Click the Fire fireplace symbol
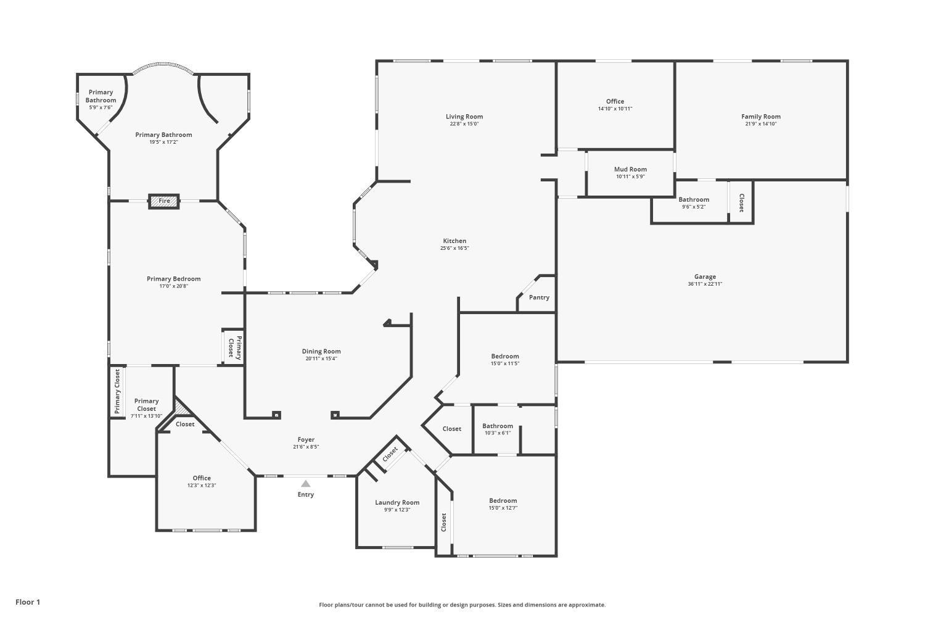[164, 201]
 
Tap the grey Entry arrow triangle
[306, 484]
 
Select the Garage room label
[705, 276]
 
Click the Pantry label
[539, 297]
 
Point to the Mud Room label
[630, 169]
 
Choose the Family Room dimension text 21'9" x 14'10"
[760, 123]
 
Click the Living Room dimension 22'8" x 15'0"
[464, 123]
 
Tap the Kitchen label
[454, 241]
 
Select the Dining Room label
[321, 351]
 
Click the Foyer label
[306, 439]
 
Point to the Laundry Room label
[397, 502]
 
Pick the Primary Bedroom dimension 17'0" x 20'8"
[173, 286]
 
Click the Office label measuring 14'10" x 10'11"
[615, 101]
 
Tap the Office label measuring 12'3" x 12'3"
[202, 478]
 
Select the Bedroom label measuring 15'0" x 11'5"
[505, 356]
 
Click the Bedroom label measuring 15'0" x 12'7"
[503, 500]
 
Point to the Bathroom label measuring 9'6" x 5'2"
[694, 199]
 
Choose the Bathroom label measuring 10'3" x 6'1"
[498, 426]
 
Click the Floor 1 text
[28, 602]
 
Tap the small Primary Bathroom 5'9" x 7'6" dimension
[101, 107]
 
